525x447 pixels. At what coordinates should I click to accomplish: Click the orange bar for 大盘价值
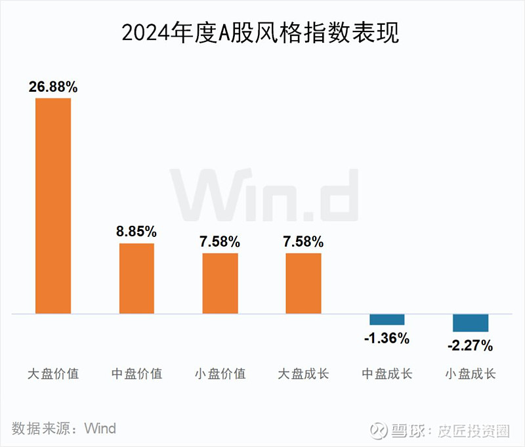click(x=53, y=205)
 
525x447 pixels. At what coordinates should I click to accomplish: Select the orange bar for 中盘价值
click(x=136, y=278)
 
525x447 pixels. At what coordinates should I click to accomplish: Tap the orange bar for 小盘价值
click(x=220, y=283)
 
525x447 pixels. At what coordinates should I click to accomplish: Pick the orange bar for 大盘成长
click(x=303, y=283)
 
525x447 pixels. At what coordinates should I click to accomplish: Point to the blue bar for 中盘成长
click(x=387, y=320)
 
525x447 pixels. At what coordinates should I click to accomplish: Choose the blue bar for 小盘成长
click(x=471, y=322)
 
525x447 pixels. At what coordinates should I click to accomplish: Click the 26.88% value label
click(x=53, y=87)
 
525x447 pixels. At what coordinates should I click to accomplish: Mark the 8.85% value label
click(x=136, y=232)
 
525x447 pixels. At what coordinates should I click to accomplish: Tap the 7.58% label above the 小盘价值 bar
click(x=220, y=242)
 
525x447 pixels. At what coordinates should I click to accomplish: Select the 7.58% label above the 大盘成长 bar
click(x=303, y=242)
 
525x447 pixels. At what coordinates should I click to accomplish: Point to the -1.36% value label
click(x=387, y=339)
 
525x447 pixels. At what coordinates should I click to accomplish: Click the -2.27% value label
click(x=470, y=345)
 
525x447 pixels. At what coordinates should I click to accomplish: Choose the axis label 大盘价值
click(x=53, y=374)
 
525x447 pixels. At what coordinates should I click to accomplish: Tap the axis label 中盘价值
click(x=136, y=374)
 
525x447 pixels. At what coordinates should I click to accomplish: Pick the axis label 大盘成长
click(x=303, y=374)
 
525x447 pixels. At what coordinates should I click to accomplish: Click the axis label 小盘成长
click(x=471, y=374)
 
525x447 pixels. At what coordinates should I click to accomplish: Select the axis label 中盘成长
click(x=387, y=374)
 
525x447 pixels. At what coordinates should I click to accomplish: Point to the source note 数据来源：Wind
click(x=64, y=429)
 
